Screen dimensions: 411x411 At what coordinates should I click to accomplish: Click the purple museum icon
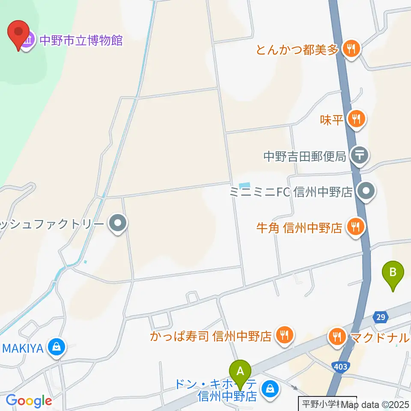pos(28,41)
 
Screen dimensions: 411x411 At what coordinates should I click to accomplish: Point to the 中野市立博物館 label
pos(81,41)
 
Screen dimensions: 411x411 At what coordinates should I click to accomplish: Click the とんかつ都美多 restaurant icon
pos(351,49)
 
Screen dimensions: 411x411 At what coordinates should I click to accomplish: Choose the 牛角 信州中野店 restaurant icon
pos(355,226)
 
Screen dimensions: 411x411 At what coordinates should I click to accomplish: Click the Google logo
pos(29,401)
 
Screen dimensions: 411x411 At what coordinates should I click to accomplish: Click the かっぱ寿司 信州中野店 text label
pos(211,336)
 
